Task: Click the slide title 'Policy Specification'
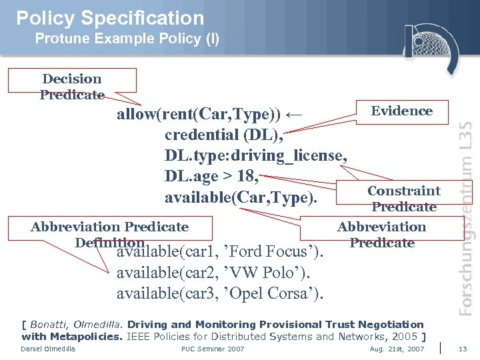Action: click(110, 17)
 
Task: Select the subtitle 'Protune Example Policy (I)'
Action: click(127, 39)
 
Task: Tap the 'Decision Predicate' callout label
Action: click(71, 87)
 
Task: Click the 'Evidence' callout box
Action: click(401, 111)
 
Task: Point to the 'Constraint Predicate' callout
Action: click(403, 199)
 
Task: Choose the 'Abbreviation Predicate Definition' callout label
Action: click(109, 235)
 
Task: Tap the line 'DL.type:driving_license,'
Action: click(255, 155)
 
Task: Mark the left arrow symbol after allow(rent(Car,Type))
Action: click(293, 114)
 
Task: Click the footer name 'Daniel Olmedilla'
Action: click(48, 349)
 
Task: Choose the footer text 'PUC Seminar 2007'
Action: click(213, 349)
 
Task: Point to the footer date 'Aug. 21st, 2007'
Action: click(397, 349)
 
